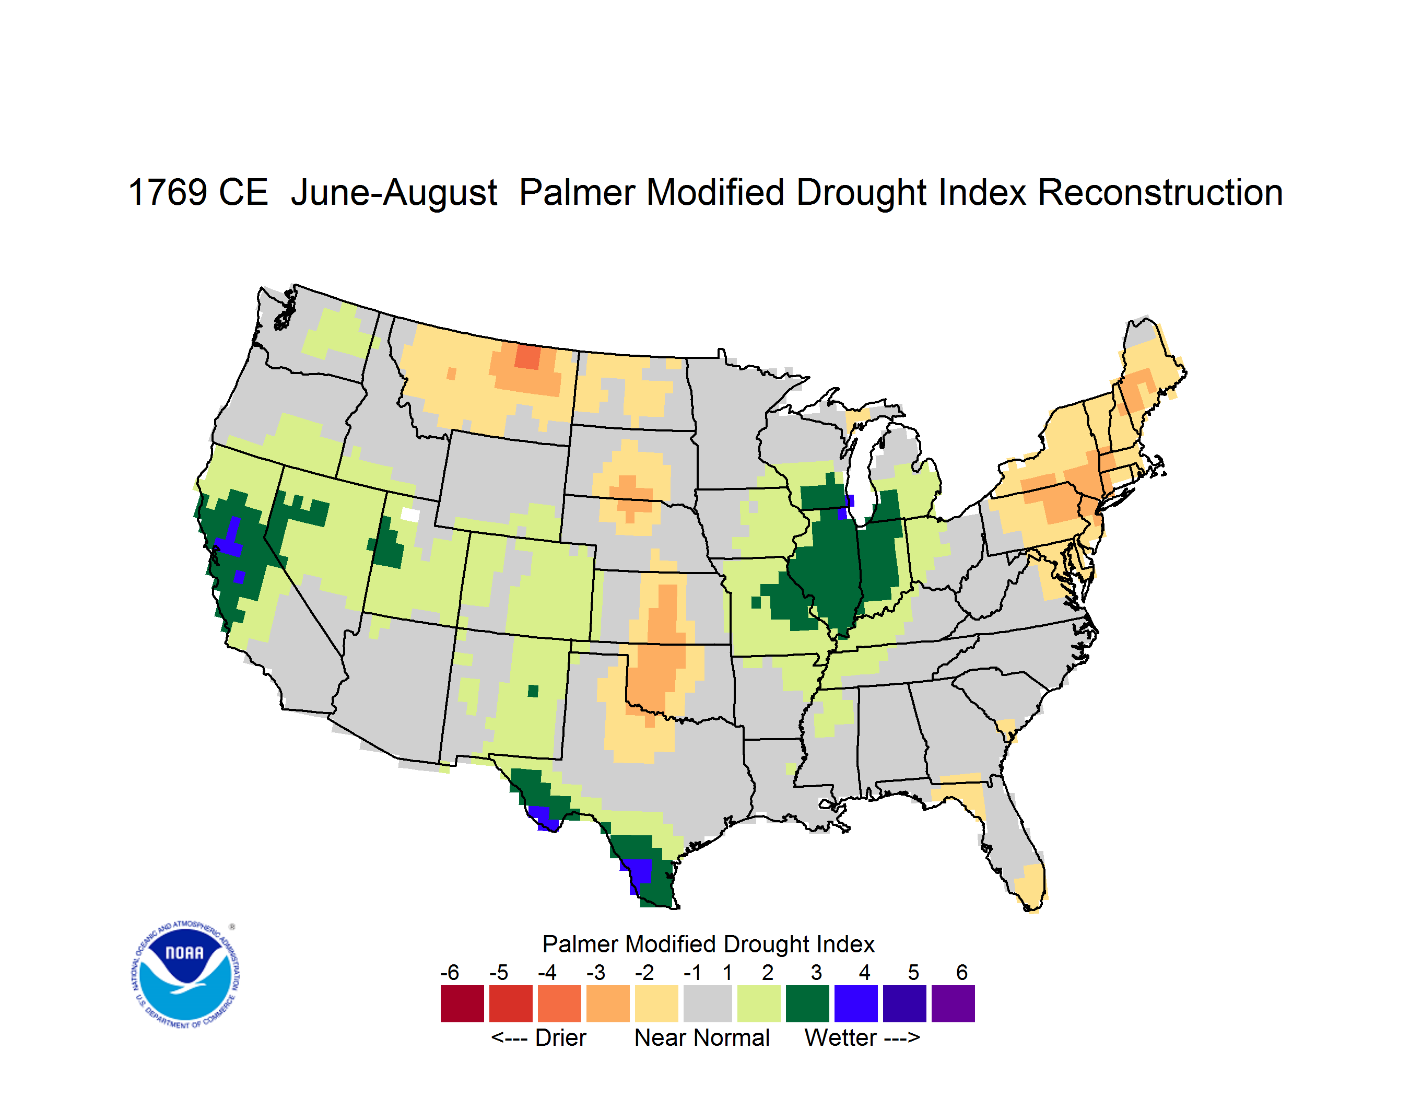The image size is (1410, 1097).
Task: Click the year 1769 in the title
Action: pos(168,192)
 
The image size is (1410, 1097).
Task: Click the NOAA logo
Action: pos(186,975)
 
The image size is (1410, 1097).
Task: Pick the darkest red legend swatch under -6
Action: pos(462,1003)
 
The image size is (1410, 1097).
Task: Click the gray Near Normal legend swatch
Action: pos(708,1003)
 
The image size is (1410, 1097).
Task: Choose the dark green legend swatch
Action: pos(807,1003)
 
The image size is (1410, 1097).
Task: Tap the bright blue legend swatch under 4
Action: pos(856,1003)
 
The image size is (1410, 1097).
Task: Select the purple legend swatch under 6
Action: pos(953,1003)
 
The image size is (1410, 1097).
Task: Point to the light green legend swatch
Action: pos(759,1003)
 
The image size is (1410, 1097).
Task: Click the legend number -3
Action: pos(596,972)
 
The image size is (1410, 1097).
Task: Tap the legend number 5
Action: pos(913,972)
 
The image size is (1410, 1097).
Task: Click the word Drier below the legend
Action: pos(560,1037)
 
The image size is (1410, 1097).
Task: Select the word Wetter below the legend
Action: pos(841,1037)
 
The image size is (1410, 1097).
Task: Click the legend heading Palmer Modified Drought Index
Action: pos(708,944)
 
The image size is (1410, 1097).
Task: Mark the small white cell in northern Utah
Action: pos(410,515)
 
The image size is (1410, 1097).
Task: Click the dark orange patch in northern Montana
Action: pos(527,356)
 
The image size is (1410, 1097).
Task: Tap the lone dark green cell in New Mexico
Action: pos(533,691)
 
